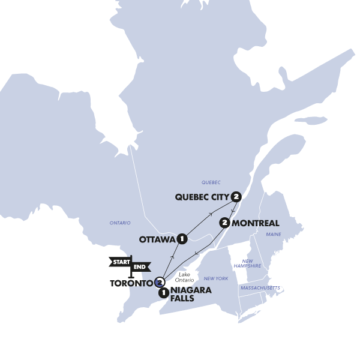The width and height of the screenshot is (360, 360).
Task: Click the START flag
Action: pos(120,262)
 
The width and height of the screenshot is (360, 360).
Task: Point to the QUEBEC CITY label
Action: pos(202,197)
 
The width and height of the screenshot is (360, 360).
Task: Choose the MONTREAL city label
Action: pos(256,223)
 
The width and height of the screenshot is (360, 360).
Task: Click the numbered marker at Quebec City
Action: pos(236,196)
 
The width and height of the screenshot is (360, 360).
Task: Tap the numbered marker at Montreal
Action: pos(225,223)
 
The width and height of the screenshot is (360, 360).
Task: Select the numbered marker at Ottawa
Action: pos(182,239)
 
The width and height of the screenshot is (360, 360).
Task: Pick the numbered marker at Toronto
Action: pos(160,282)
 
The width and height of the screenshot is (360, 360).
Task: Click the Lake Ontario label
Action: pos(185,277)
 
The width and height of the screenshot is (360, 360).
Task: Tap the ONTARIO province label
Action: pos(120,223)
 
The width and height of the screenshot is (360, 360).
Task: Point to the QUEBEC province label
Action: pos(211,182)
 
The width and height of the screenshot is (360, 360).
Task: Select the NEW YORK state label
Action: pos(216,278)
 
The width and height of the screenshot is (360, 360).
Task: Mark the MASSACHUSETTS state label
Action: pos(260,288)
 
